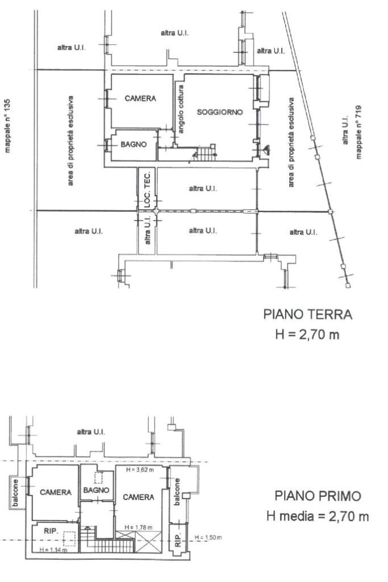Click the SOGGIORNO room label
tap(219, 112)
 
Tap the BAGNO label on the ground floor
tap(133, 144)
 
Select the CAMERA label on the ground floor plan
tap(140, 98)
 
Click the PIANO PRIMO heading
tap(317, 496)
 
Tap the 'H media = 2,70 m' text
tap(317, 516)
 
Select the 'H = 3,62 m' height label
tap(140, 469)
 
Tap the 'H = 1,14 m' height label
tap(55, 550)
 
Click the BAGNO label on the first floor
tap(95, 489)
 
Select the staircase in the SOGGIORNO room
tap(204, 153)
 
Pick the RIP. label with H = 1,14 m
tap(51, 530)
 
